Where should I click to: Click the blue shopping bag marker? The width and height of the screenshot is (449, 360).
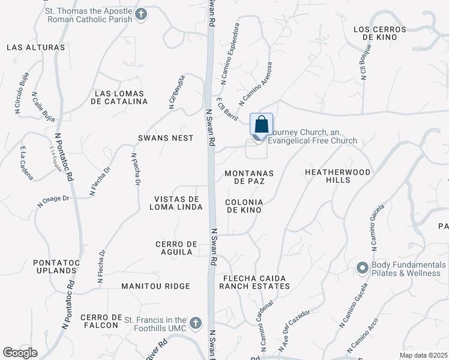point(261,125)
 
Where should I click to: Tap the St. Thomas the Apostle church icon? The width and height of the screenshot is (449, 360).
point(141,14)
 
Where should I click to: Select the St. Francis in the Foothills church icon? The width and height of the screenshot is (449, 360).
point(194,323)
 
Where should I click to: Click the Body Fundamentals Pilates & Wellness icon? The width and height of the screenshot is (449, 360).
point(362,268)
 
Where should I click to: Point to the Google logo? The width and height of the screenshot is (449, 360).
point(20,353)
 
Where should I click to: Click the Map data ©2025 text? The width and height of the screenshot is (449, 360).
point(423,355)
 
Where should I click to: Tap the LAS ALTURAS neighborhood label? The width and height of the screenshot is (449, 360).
point(35,47)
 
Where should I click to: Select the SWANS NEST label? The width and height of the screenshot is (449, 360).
point(166,138)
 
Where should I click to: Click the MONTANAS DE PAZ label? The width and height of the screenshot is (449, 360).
point(249,177)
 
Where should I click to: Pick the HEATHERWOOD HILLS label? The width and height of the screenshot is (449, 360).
point(338,176)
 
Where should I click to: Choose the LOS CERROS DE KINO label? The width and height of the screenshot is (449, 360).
point(380,33)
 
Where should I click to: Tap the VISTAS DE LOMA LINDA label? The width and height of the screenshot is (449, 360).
point(176,203)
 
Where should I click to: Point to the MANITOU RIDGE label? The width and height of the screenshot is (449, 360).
point(155,287)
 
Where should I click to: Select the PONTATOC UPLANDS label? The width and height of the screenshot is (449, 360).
point(55,266)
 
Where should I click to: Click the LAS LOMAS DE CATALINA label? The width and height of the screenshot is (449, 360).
point(119,97)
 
